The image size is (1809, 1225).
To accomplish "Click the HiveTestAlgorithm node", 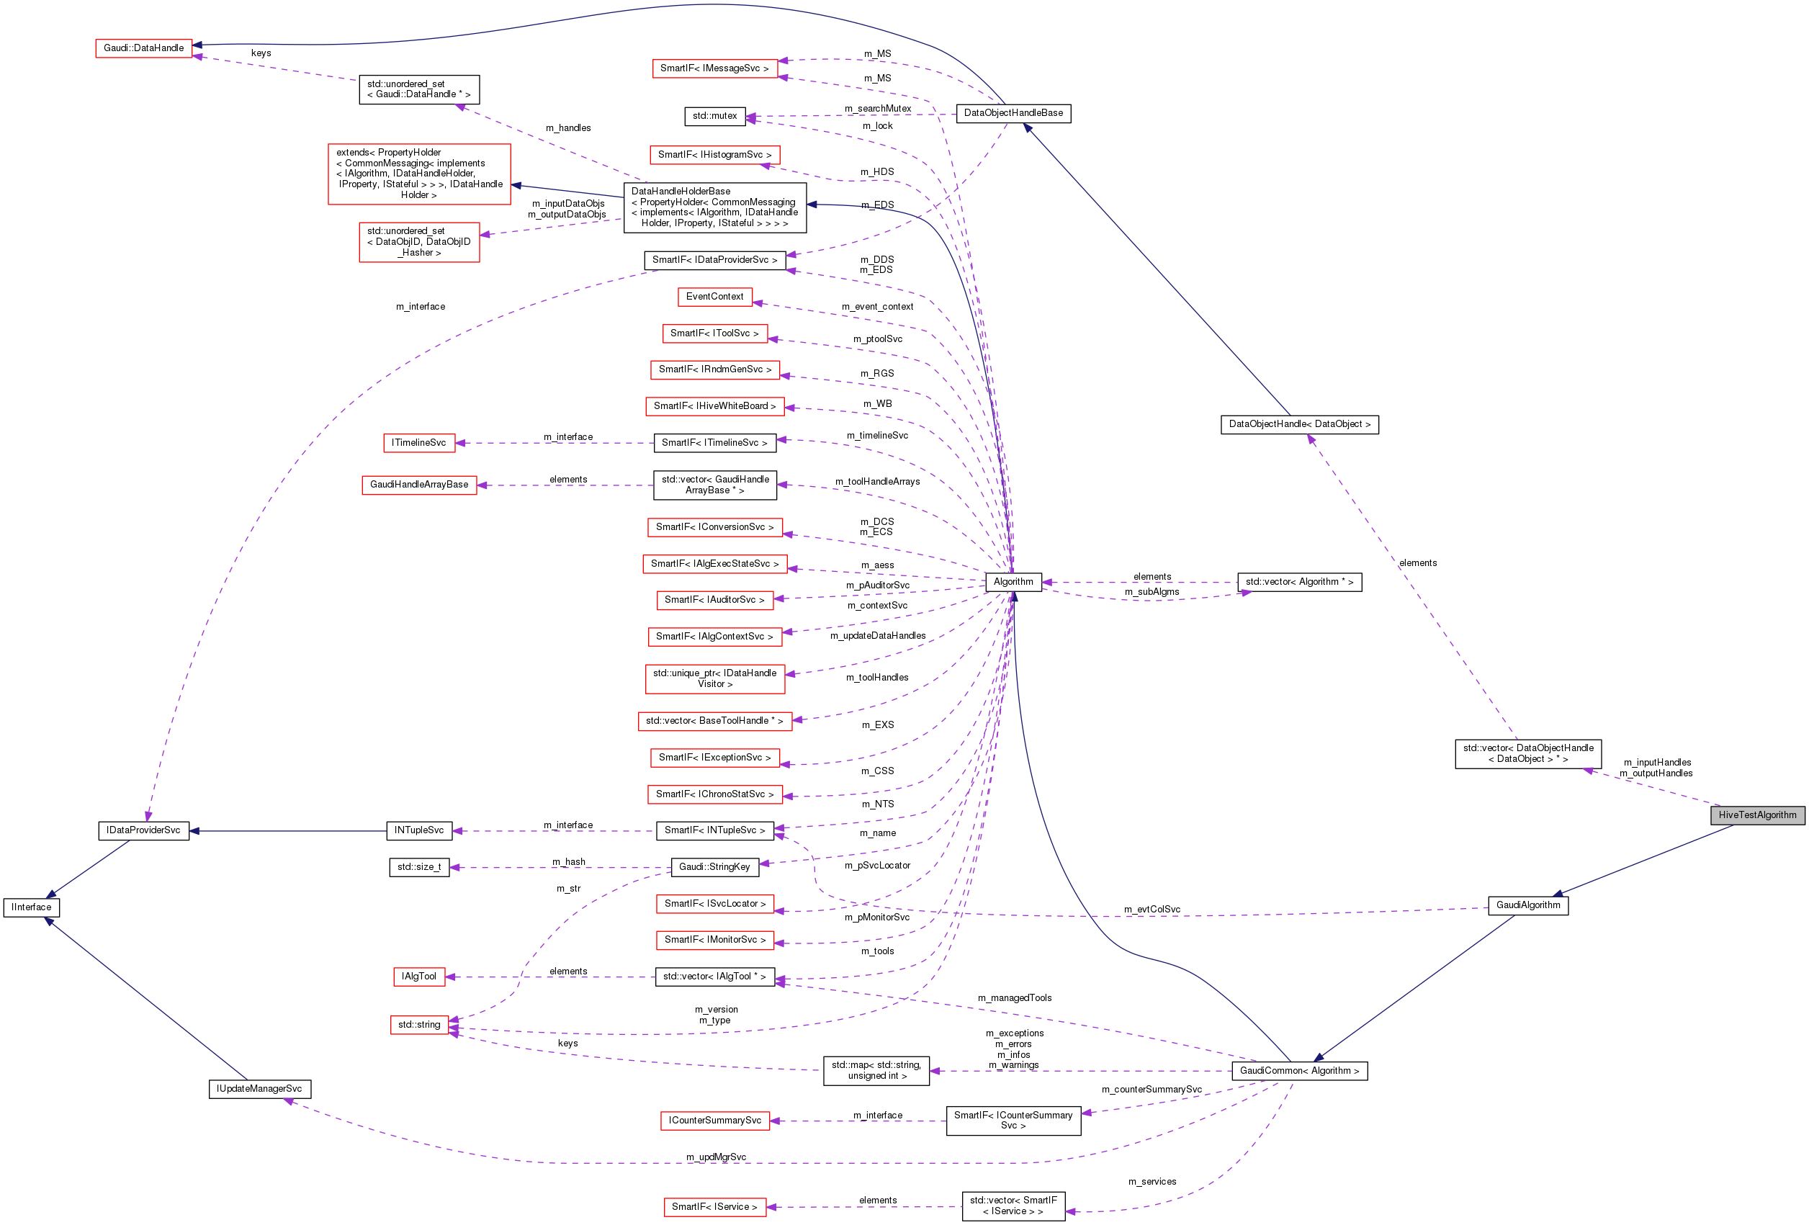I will coord(1757,815).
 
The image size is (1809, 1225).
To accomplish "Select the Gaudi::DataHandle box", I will coord(144,48).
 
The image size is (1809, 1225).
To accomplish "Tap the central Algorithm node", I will coord(1013,581).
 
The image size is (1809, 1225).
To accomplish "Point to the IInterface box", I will coord(31,907).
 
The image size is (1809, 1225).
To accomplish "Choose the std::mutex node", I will coord(714,116).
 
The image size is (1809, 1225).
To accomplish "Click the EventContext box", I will coord(714,297).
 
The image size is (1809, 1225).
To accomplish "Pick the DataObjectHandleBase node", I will coord(1013,113).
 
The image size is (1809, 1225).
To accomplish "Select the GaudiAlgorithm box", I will coord(1527,905).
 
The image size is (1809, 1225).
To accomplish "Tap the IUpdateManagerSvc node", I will coord(259,1088).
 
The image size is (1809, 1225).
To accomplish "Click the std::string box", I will coord(419,1024).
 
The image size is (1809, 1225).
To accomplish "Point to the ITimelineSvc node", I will coord(419,443).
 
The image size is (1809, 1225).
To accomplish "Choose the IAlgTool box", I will coord(419,976).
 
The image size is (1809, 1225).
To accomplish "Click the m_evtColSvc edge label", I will coord(1152,909).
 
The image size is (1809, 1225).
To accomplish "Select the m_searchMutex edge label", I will coord(877,109).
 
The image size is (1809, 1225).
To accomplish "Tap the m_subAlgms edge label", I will coord(1152,591).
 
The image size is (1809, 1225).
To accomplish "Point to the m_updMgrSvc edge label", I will coord(715,1157).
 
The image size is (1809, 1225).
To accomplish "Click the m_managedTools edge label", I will coord(1014,997).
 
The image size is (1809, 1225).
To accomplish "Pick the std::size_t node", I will coord(419,867).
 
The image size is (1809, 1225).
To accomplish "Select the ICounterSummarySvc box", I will coord(714,1120).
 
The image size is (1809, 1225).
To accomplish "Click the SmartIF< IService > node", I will coord(714,1206).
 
